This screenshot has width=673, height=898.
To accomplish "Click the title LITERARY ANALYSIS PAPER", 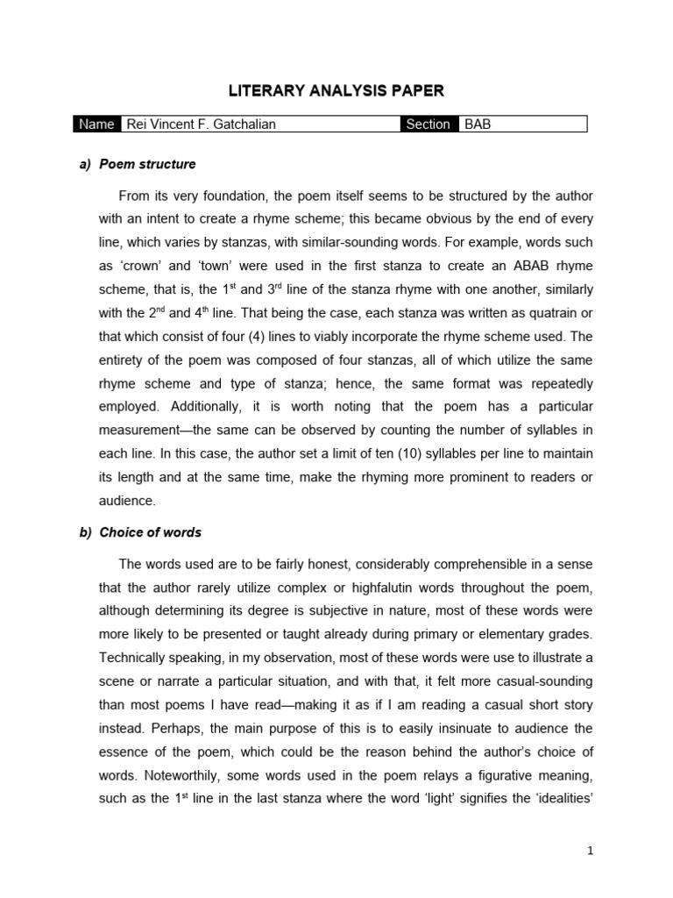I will point(336,90).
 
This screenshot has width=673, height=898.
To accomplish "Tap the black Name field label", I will point(96,125).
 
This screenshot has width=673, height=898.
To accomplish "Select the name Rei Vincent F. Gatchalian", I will point(201,125).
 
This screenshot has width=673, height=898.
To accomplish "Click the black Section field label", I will point(429,125).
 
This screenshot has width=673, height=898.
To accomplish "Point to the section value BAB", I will point(478,125).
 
